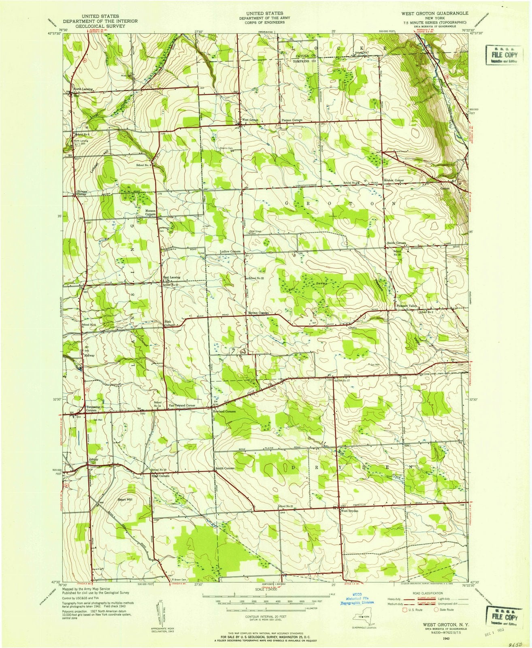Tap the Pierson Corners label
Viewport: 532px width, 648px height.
coord(292,120)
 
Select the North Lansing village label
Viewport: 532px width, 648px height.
coord(83,89)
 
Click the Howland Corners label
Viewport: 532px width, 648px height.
coord(224,411)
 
